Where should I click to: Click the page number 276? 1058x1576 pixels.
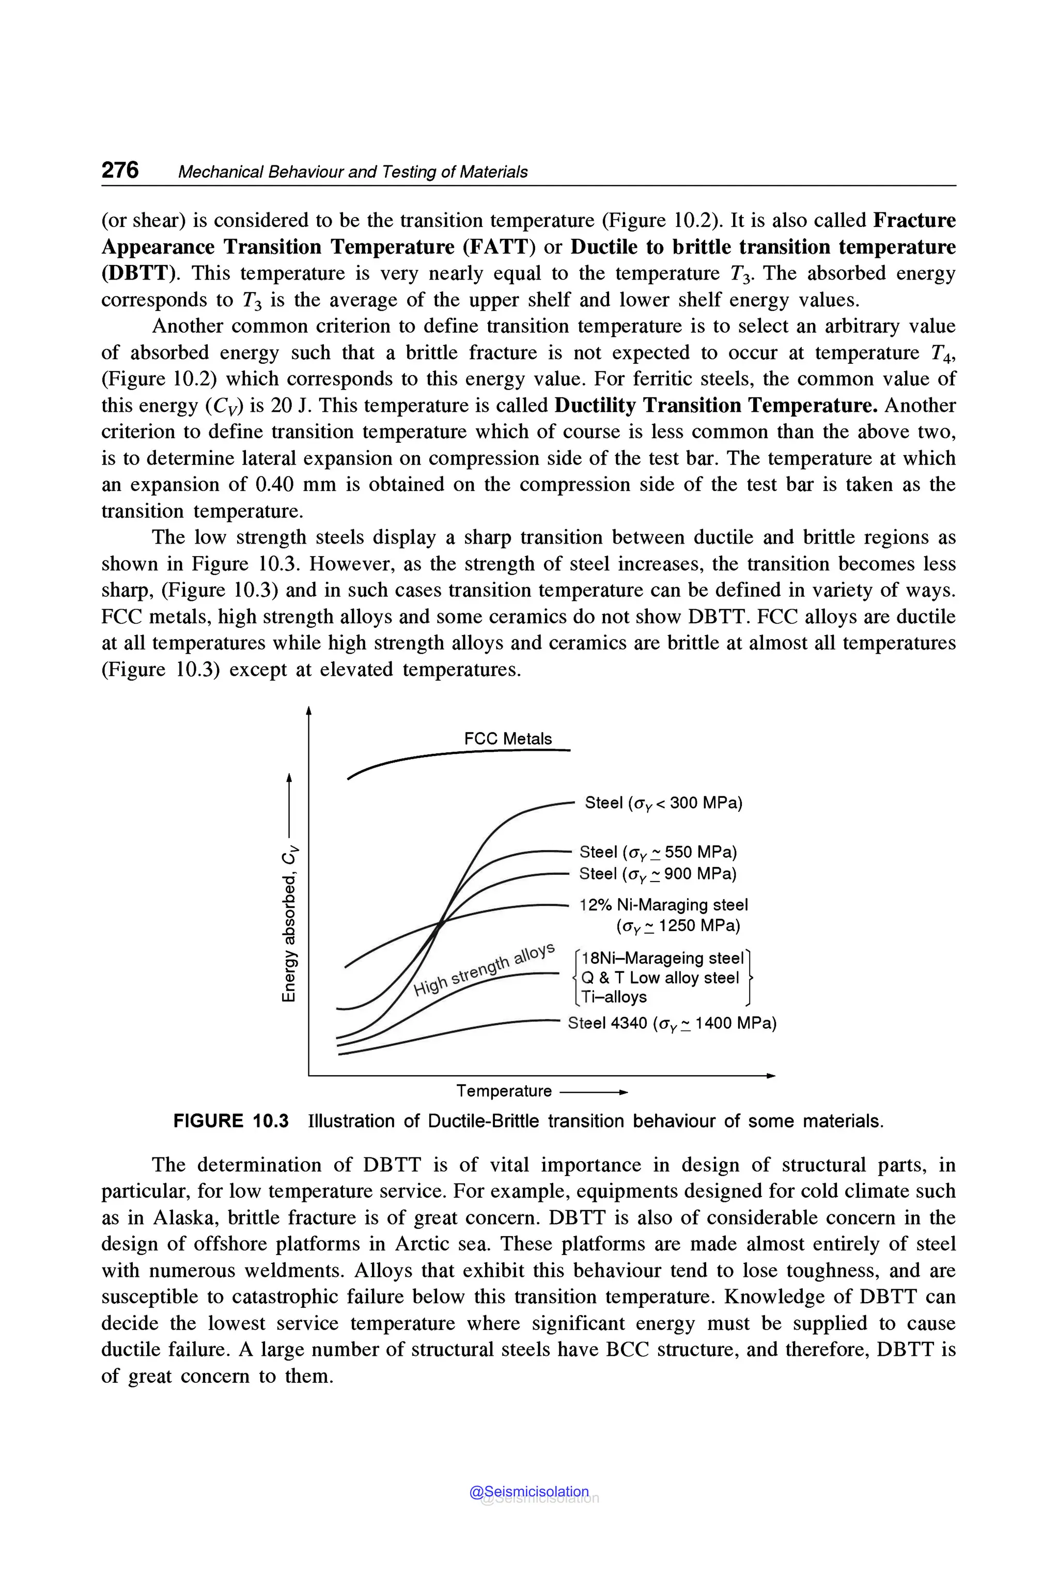point(120,170)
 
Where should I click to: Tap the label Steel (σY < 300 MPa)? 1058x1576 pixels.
point(663,802)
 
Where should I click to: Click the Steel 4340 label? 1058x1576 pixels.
point(672,1023)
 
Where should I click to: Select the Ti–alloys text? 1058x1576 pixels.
point(614,997)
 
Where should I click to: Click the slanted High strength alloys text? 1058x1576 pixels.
point(485,970)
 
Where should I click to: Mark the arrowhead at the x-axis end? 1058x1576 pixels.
point(771,1076)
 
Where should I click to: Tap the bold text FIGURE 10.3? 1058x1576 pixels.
point(231,1121)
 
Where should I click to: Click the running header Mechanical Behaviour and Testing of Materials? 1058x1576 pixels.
point(352,172)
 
